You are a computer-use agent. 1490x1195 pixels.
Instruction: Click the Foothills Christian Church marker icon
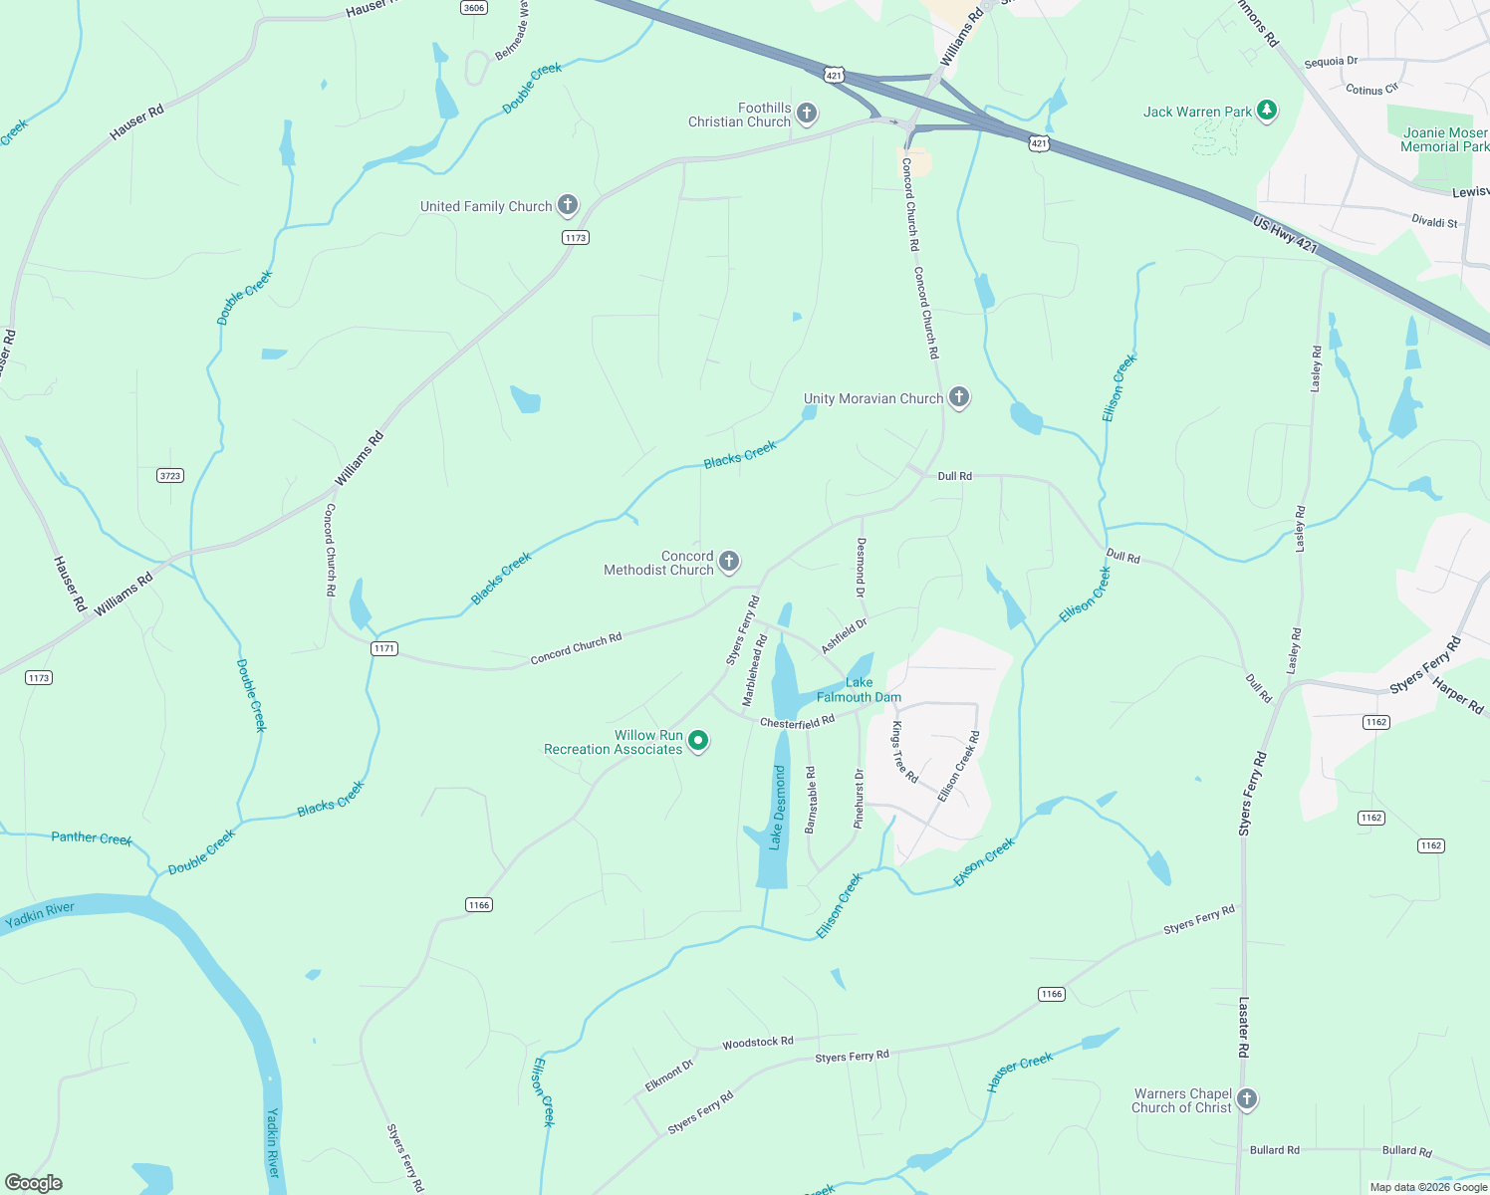point(807,114)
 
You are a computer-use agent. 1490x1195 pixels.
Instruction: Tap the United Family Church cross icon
point(568,206)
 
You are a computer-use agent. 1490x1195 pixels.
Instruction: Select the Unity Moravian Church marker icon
point(959,397)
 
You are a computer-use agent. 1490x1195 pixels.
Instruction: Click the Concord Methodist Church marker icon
point(729,562)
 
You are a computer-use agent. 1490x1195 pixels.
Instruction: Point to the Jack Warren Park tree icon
point(1267,111)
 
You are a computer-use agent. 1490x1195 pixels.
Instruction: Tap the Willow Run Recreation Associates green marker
point(699,741)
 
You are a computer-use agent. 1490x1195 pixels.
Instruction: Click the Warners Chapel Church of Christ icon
point(1247,1099)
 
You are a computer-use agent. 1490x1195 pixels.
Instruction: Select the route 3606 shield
point(474,8)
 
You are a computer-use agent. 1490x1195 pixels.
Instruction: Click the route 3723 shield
point(170,475)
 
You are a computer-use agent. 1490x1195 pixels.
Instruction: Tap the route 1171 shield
point(384,648)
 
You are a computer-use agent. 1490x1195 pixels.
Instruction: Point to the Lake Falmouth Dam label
point(859,690)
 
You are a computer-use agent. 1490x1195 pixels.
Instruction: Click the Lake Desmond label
point(778,808)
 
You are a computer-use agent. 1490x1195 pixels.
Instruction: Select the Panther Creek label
point(92,838)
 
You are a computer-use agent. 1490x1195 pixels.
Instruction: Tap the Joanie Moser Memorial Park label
point(1444,139)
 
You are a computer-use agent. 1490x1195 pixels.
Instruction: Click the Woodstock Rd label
point(758,1043)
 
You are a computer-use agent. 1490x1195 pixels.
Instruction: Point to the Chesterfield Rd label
point(797,722)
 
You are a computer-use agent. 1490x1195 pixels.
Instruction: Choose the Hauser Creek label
point(1020,1073)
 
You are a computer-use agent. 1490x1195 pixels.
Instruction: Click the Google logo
point(34,1183)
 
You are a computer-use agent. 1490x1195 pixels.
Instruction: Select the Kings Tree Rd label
point(904,752)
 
